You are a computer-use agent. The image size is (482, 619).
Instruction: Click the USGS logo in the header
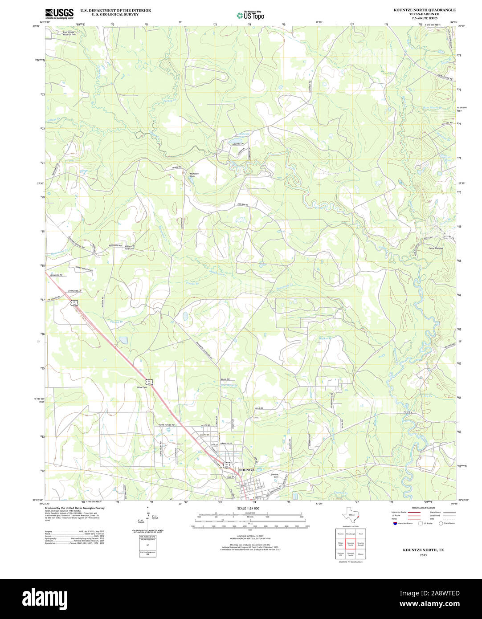(x=59, y=13)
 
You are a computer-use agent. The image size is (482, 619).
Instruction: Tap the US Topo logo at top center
(x=250, y=15)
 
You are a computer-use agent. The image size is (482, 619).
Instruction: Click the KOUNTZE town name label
(x=247, y=470)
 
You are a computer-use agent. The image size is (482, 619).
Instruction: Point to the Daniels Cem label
(x=275, y=475)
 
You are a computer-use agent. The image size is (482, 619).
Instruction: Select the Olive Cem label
(x=142, y=387)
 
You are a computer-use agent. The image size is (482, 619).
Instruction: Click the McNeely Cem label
(x=194, y=175)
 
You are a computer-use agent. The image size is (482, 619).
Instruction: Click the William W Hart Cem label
(x=129, y=247)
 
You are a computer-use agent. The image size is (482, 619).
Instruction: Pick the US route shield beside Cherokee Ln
(x=76, y=302)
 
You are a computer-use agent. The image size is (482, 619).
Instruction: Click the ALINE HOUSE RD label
(x=165, y=425)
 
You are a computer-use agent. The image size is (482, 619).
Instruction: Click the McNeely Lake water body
(x=233, y=143)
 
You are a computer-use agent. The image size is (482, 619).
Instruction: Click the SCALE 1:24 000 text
(x=248, y=509)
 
